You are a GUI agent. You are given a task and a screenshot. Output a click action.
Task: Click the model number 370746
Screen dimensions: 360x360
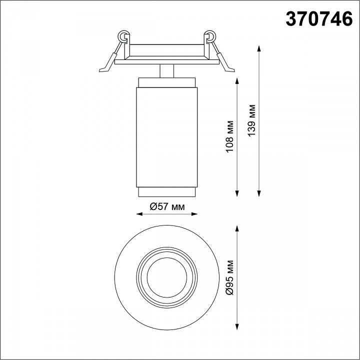pyautogui.click(x=319, y=19)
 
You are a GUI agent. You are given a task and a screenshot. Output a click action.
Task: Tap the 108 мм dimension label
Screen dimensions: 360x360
pyautogui.click(x=229, y=136)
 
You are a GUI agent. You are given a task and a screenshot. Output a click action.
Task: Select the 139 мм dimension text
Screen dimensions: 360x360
pyautogui.click(x=251, y=120)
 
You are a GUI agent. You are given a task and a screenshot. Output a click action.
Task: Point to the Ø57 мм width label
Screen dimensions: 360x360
pyautogui.click(x=167, y=207)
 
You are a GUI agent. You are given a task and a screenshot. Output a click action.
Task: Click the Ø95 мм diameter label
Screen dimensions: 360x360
pyautogui.click(x=229, y=277)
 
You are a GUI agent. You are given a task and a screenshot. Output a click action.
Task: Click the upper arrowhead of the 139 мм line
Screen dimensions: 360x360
pyautogui.click(x=259, y=48)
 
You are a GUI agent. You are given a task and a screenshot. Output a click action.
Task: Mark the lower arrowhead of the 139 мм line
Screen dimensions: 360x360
pyautogui.click(x=259, y=193)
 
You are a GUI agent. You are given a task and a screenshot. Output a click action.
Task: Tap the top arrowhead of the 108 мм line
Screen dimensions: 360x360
pyautogui.click(x=237, y=81)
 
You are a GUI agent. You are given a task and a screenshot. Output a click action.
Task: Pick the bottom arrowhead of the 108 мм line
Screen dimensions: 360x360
pyautogui.click(x=237, y=193)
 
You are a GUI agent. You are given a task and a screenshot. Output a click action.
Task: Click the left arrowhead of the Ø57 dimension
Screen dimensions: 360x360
pyautogui.click(x=139, y=214)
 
